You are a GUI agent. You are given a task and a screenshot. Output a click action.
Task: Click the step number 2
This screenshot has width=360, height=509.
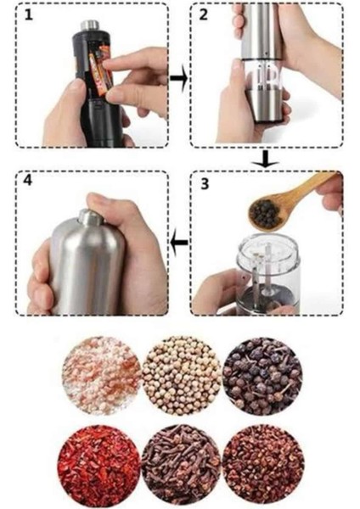[x=203, y=15]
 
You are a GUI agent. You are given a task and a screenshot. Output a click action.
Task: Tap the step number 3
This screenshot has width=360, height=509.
[x=204, y=184]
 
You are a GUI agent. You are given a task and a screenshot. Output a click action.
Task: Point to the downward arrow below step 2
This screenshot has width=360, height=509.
[x=266, y=159]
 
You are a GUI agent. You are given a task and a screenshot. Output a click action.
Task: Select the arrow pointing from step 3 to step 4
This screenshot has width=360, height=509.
[x=178, y=245]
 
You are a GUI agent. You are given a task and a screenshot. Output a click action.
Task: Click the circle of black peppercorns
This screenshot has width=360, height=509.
[x=262, y=374]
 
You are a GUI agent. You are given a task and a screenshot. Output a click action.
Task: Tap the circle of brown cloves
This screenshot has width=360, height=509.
[x=180, y=464]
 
